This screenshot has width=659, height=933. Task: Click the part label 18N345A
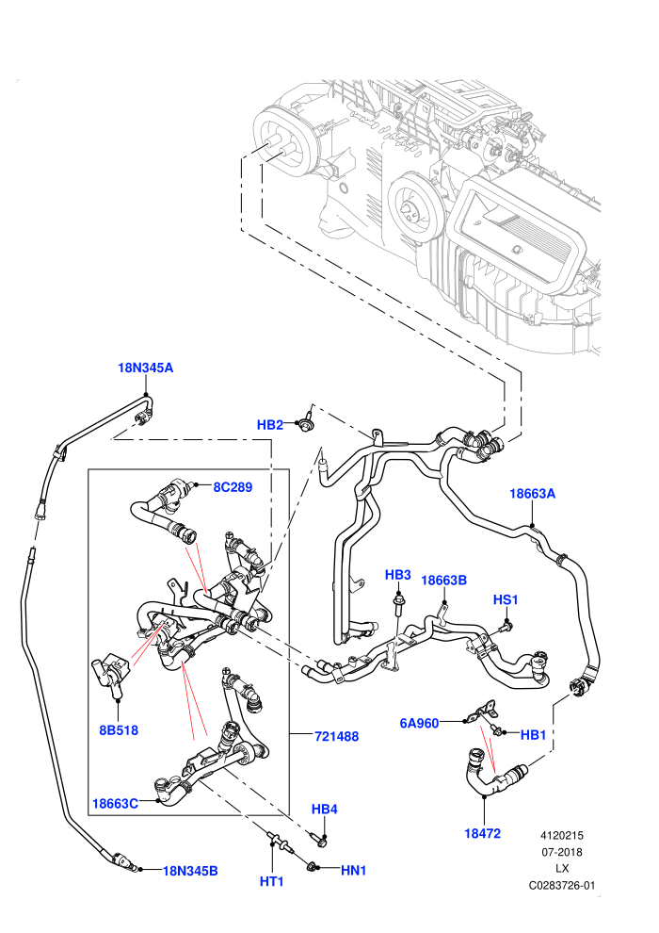click(x=146, y=368)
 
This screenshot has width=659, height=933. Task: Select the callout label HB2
click(x=270, y=425)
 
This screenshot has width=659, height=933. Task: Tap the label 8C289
click(x=233, y=487)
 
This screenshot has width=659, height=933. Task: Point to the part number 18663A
click(x=533, y=494)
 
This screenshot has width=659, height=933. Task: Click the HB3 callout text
click(x=397, y=575)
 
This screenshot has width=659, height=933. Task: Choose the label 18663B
click(x=444, y=581)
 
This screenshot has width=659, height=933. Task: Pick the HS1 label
click(x=506, y=599)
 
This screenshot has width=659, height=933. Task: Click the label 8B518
click(x=119, y=730)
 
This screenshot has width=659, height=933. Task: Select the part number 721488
click(x=336, y=737)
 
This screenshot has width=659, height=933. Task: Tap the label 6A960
click(x=419, y=724)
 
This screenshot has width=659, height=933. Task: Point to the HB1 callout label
click(x=533, y=735)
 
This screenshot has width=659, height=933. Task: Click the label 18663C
click(x=115, y=804)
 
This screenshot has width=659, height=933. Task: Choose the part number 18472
click(x=483, y=834)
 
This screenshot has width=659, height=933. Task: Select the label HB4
click(x=325, y=810)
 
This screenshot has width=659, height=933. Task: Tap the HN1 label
click(x=354, y=871)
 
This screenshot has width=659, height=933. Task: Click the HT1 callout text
click(x=271, y=881)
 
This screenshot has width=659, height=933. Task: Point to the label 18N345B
click(x=190, y=871)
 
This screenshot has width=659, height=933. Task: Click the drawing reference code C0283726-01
click(x=561, y=885)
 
